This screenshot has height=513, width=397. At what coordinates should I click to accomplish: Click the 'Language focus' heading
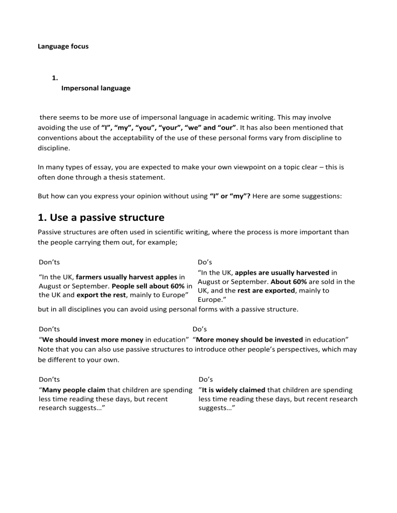(x=63, y=46)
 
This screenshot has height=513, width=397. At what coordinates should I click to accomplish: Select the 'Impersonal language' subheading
(x=96, y=88)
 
